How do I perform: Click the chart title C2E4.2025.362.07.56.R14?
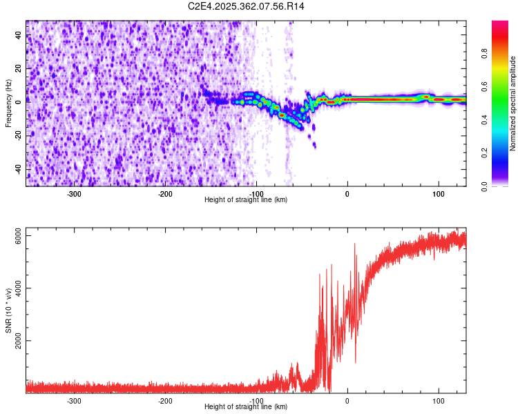click(x=247, y=6)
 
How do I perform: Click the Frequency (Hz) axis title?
click(x=8, y=103)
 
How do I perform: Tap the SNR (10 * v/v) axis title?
click(x=8, y=311)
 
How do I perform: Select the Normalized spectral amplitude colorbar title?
click(x=513, y=103)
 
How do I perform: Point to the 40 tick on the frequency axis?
click(x=19, y=36)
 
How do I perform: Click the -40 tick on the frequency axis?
click(x=19, y=169)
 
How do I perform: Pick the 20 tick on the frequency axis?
click(x=19, y=69)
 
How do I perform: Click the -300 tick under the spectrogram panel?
click(x=74, y=194)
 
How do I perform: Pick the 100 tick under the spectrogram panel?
click(x=438, y=194)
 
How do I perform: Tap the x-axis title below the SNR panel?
click(x=246, y=407)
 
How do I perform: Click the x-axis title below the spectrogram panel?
click(x=246, y=199)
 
